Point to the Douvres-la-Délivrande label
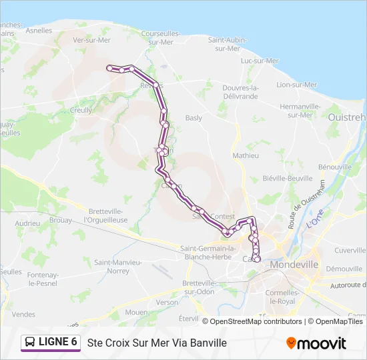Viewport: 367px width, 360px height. click(239, 92)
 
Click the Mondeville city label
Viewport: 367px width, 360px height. click(294, 265)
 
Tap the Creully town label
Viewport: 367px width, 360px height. click(81, 111)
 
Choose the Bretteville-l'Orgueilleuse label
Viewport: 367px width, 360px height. click(105, 215)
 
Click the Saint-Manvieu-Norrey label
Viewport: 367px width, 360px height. click(118, 267)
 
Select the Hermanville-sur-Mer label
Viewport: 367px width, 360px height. click(296, 111)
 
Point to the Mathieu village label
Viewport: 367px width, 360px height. click(245, 156)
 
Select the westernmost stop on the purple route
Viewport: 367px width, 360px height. click(109, 67)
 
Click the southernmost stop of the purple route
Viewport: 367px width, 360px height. click(256, 259)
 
